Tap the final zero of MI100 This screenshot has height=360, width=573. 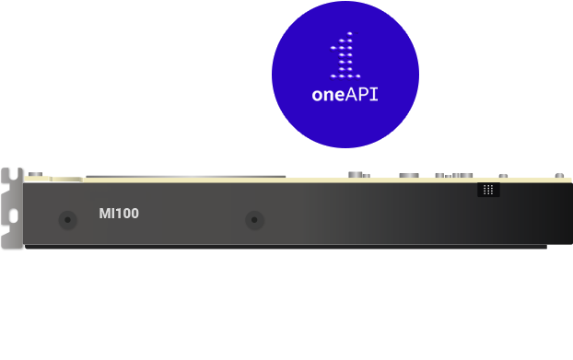134,214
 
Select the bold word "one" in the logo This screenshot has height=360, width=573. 328,94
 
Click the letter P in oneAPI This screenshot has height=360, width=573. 365,94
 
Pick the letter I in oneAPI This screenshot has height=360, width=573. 376,94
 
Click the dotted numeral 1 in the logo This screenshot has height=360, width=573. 345,56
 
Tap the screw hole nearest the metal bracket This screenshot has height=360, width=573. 67,220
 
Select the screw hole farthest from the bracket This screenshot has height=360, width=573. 254,220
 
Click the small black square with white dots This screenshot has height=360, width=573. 488,189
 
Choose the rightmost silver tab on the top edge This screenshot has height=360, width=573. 559,172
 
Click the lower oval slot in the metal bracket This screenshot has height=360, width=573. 13,217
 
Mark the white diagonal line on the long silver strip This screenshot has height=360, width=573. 146,171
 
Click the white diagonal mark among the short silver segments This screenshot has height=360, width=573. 419,171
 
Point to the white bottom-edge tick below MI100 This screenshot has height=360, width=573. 143,249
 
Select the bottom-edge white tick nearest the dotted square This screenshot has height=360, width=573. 421,249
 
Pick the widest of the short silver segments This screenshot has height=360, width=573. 453,172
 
